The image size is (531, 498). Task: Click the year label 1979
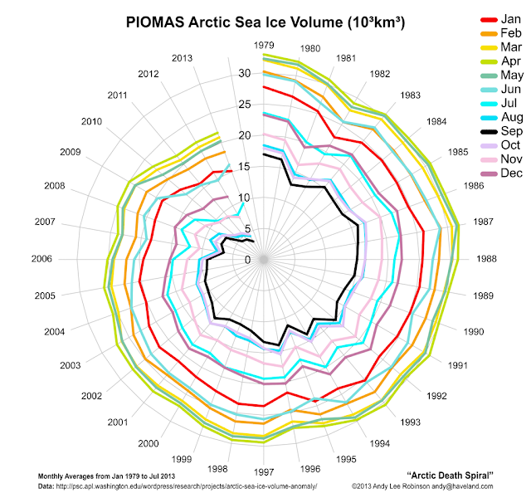click(265, 44)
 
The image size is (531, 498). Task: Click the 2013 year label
click(183, 57)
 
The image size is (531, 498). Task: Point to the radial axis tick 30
click(245, 73)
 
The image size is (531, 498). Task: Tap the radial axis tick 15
click(245, 167)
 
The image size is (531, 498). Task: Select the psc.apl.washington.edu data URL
click(191, 485)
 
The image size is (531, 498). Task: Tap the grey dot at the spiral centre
click(264, 260)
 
